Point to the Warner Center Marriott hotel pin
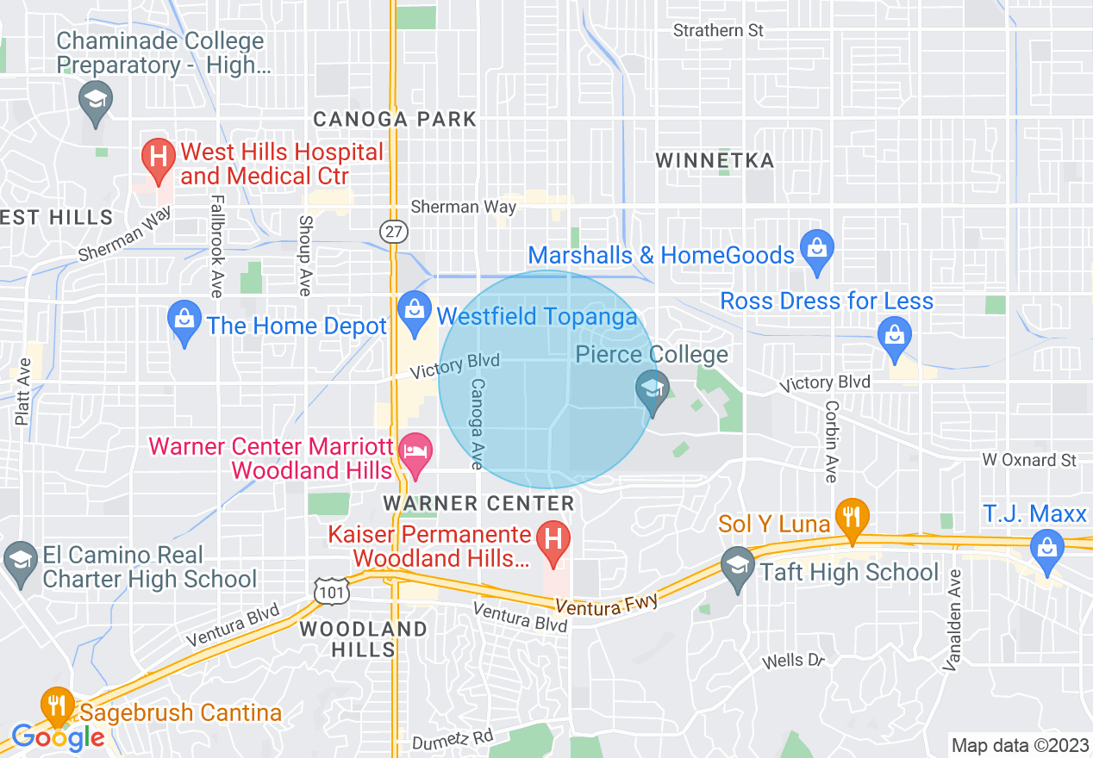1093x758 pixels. pyautogui.click(x=416, y=454)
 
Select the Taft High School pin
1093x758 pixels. pyautogui.click(x=737, y=568)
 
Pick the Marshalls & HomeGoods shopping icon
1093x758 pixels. pyautogui.click(x=815, y=250)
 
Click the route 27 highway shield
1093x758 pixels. pyautogui.click(x=392, y=232)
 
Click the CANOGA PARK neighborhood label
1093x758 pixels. pyautogui.click(x=395, y=119)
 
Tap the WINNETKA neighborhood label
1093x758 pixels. pyautogui.click(x=715, y=160)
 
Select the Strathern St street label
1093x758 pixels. pyautogui.click(x=718, y=30)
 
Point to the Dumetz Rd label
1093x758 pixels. pyautogui.click(x=453, y=738)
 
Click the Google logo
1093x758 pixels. pyautogui.click(x=58, y=737)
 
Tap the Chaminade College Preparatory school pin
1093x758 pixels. pyautogui.click(x=95, y=99)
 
